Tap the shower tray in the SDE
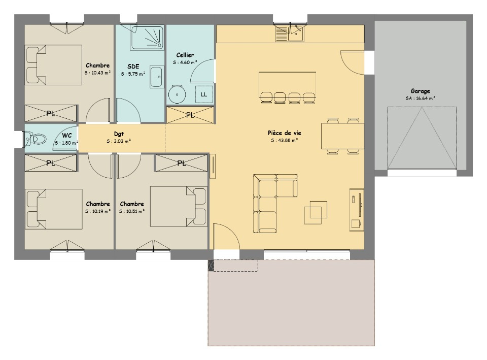[147, 38]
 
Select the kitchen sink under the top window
[290, 34]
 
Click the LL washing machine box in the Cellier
[204, 94]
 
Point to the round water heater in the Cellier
[177, 94]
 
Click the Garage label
[420, 91]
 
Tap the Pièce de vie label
[285, 133]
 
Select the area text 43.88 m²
[285, 141]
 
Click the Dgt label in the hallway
[119, 134]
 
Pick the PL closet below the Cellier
[190, 115]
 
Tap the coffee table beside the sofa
[316, 213]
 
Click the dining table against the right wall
[342, 136]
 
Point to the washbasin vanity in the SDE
[157, 77]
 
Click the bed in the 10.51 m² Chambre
[178, 207]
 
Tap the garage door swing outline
[422, 138]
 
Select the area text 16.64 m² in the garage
[420, 98]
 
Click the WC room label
[67, 136]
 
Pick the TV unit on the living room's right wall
[357, 210]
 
